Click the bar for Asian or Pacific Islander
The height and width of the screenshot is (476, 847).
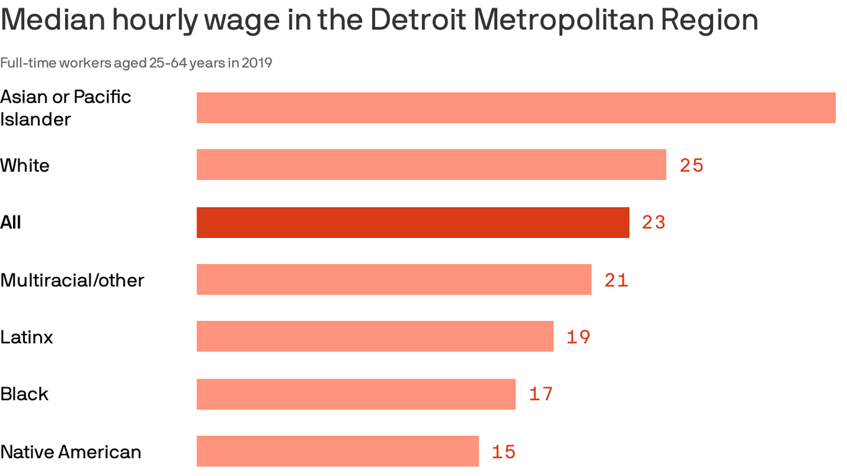pyautogui.click(x=516, y=108)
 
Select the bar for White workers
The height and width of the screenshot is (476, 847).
pyautogui.click(x=431, y=165)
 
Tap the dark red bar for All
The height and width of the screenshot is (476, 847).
pyautogui.click(x=412, y=223)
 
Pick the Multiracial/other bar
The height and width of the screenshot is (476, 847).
pyautogui.click(x=394, y=280)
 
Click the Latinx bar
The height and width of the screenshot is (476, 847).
pyautogui.click(x=375, y=337)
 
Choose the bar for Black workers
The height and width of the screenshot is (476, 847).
pyautogui.click(x=356, y=394)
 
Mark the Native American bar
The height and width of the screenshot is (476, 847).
pyautogui.click(x=337, y=451)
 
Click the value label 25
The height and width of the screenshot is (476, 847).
pyautogui.click(x=691, y=165)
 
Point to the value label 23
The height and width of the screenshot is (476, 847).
pyautogui.click(x=654, y=223)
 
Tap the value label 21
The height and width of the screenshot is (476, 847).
pyautogui.click(x=616, y=280)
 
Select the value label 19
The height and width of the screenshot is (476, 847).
pyautogui.click(x=578, y=337)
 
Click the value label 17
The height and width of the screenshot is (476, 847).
pyautogui.click(x=541, y=394)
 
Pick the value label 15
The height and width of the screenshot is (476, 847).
pyautogui.click(x=503, y=452)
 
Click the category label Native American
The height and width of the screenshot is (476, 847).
pyautogui.click(x=71, y=452)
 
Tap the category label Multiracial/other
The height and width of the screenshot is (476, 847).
pyautogui.click(x=72, y=280)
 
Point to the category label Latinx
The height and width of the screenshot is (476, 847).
pyautogui.click(x=27, y=337)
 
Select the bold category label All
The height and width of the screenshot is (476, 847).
pyautogui.click(x=11, y=223)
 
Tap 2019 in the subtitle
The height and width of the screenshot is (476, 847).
pyautogui.click(x=257, y=63)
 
